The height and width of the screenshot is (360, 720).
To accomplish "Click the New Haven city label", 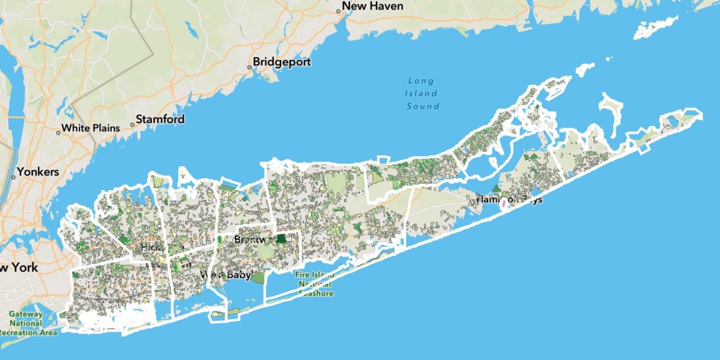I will tap(373, 6).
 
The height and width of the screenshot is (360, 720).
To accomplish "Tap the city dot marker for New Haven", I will tap(338, 10).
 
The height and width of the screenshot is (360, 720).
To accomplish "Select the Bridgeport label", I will tap(282, 63).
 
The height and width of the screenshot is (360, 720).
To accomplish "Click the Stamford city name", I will tap(160, 119).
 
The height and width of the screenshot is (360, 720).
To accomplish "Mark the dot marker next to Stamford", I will tap(132, 124).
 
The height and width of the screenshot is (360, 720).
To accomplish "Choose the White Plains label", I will tap(90, 128).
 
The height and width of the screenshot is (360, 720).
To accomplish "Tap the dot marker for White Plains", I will tap(57, 133).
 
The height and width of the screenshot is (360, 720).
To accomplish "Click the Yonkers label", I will tap(38, 172).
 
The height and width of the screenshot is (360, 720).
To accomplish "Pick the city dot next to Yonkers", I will tap(13, 177).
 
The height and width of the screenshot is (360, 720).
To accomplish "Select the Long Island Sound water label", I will tap(422, 93).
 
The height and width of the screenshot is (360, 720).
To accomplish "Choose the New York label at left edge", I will tap(18, 267).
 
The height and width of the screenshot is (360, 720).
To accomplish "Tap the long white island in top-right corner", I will tap(663, 26).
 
